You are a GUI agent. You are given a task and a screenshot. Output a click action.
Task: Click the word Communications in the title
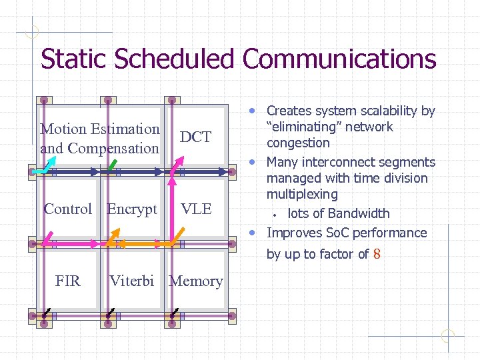pos(339,59)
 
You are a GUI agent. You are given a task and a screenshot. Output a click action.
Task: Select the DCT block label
pos(195,137)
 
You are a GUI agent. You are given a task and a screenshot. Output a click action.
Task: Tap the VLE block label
pos(196,209)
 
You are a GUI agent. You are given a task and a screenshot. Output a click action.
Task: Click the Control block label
pos(67,209)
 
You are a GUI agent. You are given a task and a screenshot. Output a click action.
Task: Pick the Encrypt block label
pos(132,209)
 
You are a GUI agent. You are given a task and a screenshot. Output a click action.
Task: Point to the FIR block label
pos(68,281)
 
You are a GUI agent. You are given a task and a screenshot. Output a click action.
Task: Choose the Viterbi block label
pos(132,281)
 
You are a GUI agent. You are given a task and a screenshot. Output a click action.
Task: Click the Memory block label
pos(196,281)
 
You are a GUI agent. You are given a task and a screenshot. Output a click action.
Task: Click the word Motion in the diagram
pos(63,129)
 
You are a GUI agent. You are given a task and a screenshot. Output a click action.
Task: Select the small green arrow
pos(113,163)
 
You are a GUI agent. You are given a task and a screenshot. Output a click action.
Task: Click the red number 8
pos(377,254)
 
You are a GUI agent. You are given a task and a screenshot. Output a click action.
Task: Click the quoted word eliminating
pos(329,127)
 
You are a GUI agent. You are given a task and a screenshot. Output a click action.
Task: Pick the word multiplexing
pos(302,195)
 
